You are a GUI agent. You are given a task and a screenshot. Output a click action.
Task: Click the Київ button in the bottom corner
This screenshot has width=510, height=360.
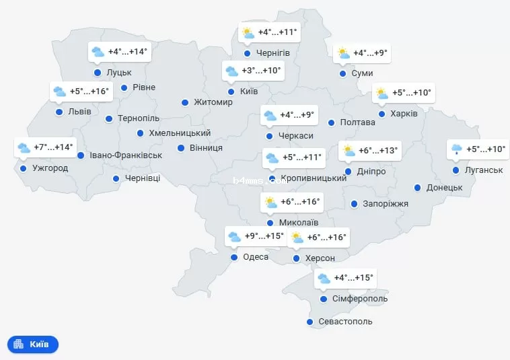click(33, 345)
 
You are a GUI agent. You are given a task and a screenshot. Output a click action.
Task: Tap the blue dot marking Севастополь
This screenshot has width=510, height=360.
click(309, 322)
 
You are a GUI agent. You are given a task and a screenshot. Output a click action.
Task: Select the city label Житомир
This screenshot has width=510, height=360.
click(213, 102)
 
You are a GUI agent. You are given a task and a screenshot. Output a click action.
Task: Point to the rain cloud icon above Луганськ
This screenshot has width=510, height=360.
click(456, 149)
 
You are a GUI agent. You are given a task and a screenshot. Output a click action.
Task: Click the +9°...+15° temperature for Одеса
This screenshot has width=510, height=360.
click(264, 236)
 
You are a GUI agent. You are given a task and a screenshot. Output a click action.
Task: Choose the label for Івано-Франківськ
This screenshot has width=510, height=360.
click(126, 155)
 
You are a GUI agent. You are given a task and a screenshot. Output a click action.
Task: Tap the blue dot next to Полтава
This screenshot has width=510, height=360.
click(331, 122)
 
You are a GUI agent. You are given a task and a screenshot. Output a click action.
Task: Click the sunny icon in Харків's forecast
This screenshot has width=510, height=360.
click(381, 93)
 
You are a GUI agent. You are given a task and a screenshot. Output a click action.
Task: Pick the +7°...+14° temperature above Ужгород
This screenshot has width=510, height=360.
click(53, 147)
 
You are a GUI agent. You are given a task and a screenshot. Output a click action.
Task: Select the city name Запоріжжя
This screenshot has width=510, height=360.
click(386, 203)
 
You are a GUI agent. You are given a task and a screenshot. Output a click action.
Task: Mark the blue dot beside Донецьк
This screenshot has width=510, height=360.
click(418, 188)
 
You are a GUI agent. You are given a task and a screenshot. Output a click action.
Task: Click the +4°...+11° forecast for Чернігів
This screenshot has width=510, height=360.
click(278, 32)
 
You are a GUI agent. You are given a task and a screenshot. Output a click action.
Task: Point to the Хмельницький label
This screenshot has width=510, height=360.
click(180, 133)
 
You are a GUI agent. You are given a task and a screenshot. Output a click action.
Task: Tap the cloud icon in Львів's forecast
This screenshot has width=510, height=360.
click(59, 92)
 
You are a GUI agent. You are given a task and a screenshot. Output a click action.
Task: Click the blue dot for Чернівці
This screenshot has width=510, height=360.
click(116, 179)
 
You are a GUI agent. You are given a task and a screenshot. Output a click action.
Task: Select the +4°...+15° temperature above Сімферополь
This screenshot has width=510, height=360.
click(353, 277)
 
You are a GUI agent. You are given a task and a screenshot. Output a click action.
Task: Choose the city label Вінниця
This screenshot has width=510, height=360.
click(205, 147)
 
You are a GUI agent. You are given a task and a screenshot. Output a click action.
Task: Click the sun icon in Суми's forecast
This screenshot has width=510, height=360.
click(343, 53)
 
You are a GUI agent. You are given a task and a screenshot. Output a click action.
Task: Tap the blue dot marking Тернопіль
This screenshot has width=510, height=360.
click(109, 119)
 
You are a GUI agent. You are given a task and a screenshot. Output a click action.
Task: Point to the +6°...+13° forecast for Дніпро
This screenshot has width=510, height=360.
click(378, 151)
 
